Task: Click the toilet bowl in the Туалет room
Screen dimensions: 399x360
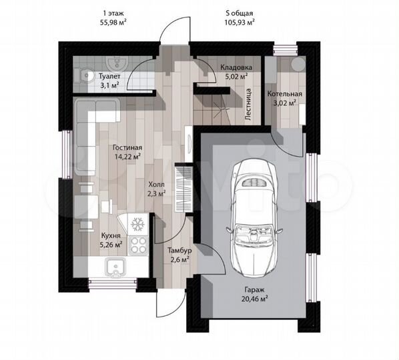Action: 84,75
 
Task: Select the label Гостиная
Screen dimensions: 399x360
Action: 127,148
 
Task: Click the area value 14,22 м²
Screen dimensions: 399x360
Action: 128,157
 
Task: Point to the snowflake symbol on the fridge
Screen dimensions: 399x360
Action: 137,224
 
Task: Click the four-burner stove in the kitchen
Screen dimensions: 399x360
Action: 138,245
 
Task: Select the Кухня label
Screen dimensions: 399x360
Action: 111,235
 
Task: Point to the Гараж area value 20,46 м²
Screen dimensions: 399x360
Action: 254,298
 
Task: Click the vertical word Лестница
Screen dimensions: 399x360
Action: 248,104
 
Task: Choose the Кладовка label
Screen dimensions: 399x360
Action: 236,67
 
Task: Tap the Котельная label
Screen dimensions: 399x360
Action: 285,94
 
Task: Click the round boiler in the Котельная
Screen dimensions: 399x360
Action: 298,63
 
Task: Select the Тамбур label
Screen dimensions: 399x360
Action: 179,251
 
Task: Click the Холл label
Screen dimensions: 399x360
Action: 157,184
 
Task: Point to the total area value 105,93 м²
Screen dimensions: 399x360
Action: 240,23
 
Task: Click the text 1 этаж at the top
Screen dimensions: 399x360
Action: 113,13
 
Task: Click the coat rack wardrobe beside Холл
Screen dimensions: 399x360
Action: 183,189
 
